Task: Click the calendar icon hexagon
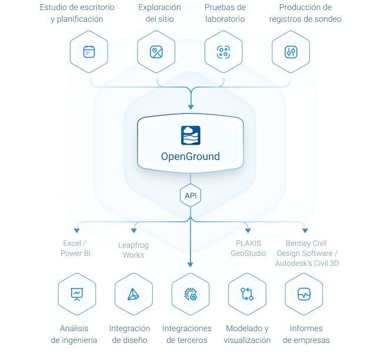[89, 52]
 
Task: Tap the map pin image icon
[156, 52]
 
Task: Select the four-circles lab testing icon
[223, 52]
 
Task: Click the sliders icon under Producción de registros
[291, 52]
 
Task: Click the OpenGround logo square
[190, 135]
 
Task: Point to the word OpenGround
[190, 156]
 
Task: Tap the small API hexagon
[190, 195]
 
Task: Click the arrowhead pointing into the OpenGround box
[190, 107]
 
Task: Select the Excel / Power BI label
[75, 248]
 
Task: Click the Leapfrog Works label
[133, 250]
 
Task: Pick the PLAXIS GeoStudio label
[248, 248]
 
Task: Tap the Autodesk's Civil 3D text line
[307, 264]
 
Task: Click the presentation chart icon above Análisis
[77, 294]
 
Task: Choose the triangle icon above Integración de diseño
[133, 294]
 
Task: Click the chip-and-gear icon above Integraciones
[190, 294]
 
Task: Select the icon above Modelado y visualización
[247, 294]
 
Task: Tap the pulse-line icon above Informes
[304, 294]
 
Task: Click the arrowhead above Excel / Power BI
[77, 231]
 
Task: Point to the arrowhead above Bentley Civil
[305, 231]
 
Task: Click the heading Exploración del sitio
[160, 13]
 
